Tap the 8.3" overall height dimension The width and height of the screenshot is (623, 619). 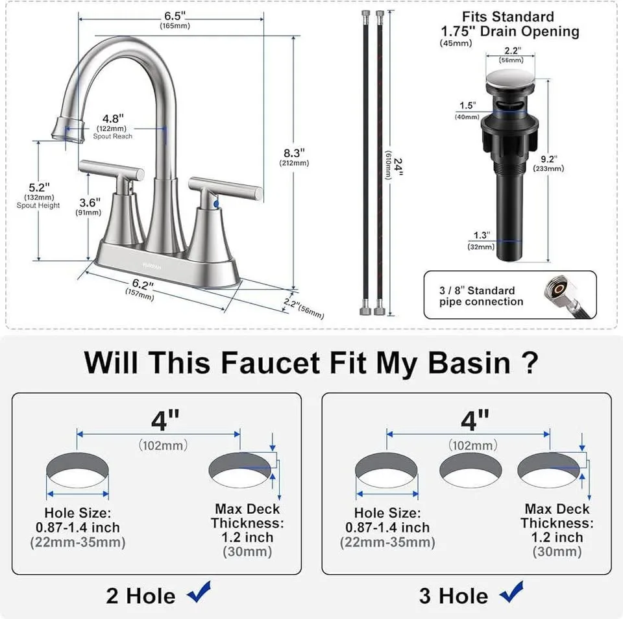point(294,153)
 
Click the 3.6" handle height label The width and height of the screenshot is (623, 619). point(88,202)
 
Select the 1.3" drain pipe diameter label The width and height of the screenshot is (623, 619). point(480,236)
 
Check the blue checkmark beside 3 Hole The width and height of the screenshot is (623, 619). point(510,593)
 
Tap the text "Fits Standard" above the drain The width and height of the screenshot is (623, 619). point(507,17)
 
